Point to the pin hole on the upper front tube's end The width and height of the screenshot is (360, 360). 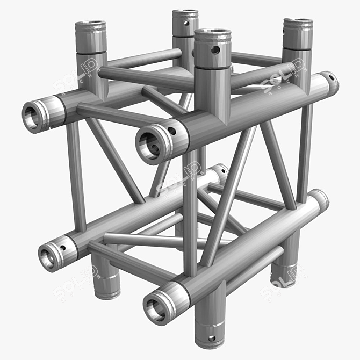pyautogui.click(x=171, y=131)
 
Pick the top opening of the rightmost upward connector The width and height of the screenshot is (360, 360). pyautogui.click(x=298, y=23)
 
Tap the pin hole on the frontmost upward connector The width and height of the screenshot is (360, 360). pyautogui.click(x=215, y=50)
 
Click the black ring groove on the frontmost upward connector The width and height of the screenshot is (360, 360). pyautogui.click(x=213, y=67)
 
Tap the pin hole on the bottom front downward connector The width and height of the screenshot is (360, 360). pyautogui.click(x=211, y=339)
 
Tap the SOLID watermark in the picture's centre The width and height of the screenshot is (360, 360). pyautogui.click(x=180, y=180)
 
